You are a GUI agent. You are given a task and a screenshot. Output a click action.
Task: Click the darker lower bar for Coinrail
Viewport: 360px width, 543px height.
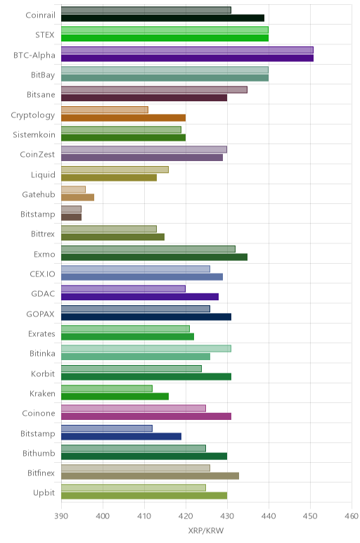coord(162,18)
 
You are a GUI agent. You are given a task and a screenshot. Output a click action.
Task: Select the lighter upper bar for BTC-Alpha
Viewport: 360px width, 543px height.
coord(187,50)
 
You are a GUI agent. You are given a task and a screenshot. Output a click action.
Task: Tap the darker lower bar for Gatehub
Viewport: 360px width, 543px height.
coord(77,198)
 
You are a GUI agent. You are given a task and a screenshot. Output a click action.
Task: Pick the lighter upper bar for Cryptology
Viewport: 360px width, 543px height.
coord(105,110)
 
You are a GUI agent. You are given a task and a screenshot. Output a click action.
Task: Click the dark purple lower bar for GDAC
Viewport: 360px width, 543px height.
coord(140,297)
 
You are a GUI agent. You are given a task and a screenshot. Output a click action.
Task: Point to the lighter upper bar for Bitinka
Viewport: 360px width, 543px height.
coord(146,348)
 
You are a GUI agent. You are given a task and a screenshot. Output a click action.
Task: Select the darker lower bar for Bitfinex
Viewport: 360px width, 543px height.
coord(150,475)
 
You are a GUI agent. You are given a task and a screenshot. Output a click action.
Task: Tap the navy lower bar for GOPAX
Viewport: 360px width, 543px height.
coord(146,317)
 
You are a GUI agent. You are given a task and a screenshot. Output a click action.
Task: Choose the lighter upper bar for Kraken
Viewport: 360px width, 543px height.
coord(107,388)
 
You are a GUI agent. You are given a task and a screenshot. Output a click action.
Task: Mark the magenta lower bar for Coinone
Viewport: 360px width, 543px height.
coord(146,416)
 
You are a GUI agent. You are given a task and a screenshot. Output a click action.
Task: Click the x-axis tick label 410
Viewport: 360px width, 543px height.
coord(144,516)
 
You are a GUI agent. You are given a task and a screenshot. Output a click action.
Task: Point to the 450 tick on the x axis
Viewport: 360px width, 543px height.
coord(310,516)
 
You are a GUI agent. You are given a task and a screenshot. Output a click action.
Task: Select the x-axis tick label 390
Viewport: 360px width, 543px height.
coord(61,516)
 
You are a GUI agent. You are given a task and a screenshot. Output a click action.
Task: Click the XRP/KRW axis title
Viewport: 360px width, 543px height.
coord(206,530)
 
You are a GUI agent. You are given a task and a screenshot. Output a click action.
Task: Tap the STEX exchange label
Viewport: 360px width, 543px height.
coord(45,35)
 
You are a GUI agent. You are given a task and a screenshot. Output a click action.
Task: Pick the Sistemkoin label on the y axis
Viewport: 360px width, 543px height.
coord(34,135)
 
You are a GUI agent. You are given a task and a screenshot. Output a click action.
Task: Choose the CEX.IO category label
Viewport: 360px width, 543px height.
coord(42,274)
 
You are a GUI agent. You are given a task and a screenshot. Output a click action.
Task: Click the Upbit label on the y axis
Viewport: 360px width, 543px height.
coord(44,493)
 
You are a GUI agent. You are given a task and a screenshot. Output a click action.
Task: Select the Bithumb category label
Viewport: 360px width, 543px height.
coord(39,453)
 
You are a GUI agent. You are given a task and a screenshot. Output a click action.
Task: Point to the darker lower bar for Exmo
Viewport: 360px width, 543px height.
coord(155,257)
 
